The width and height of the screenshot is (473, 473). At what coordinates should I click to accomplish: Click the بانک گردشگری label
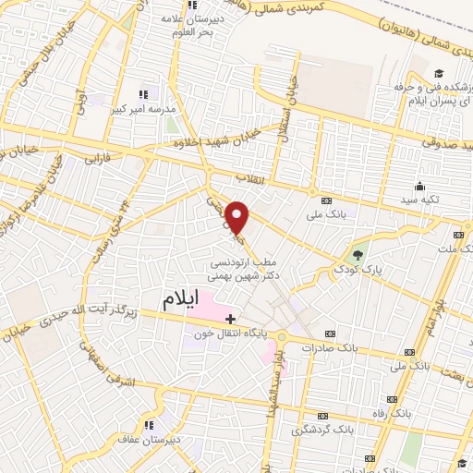point(322,430)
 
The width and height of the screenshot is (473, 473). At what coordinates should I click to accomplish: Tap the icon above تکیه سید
point(420,186)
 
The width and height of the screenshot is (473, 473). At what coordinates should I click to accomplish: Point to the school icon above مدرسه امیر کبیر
point(143,94)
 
